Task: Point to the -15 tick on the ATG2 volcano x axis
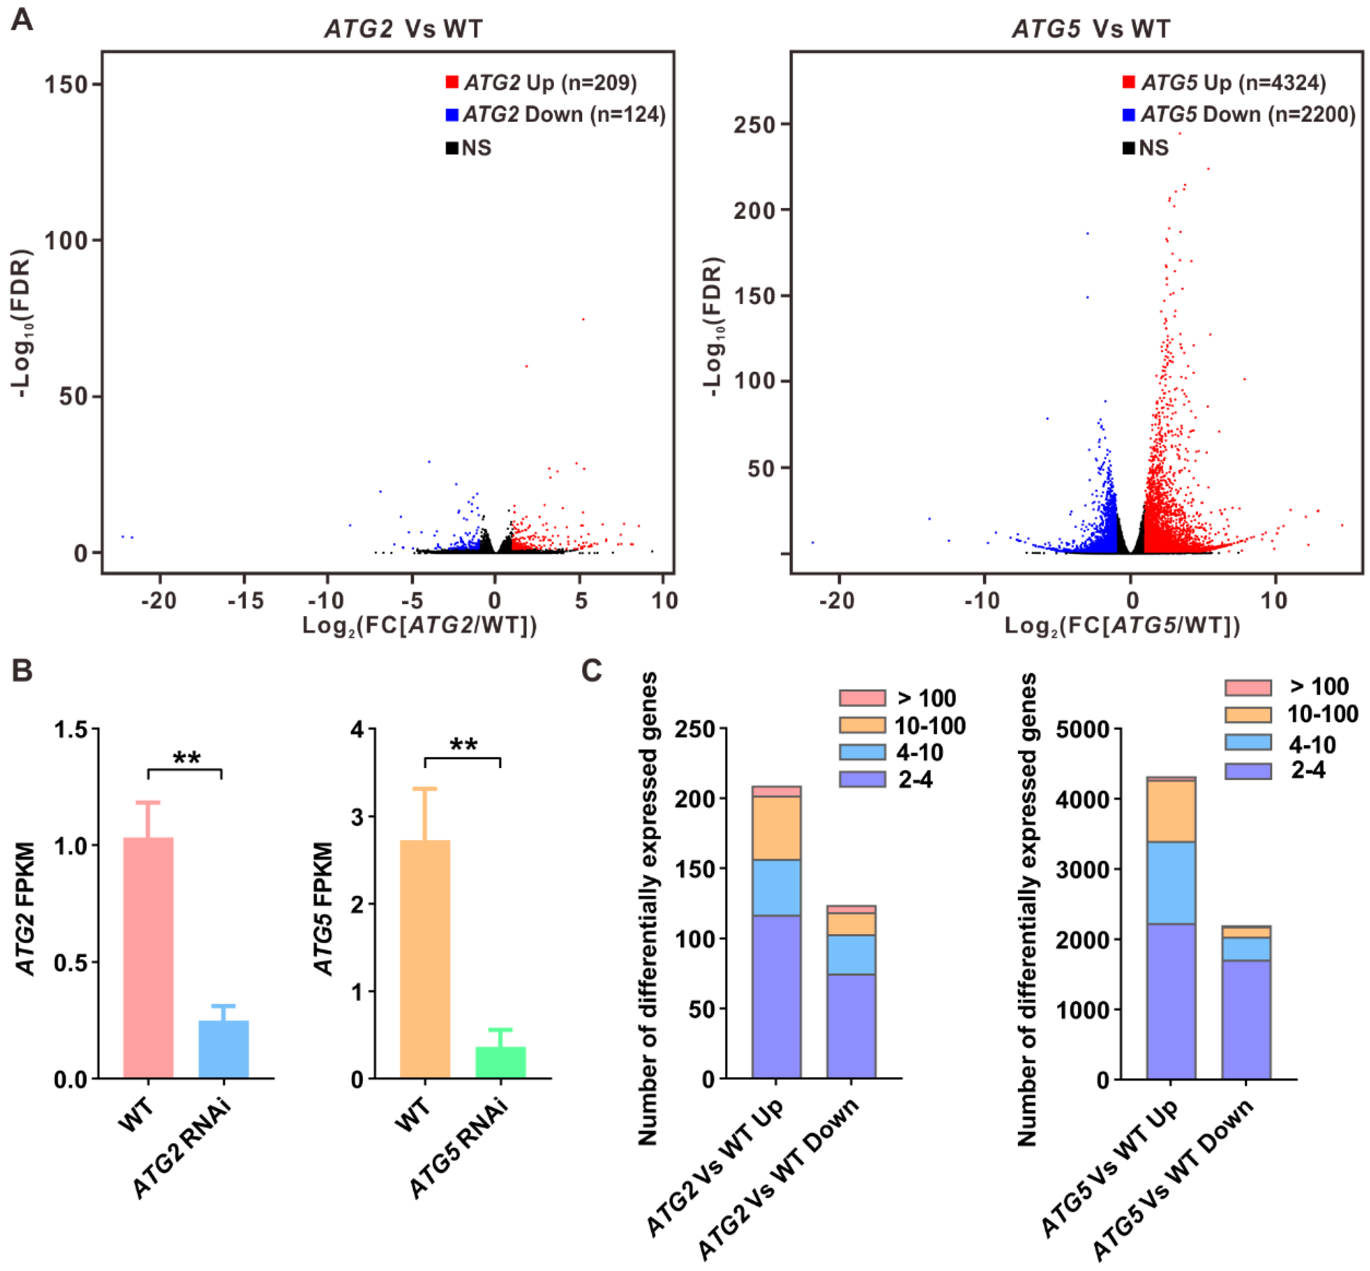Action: [246, 601]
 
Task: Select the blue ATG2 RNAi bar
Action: [224, 1049]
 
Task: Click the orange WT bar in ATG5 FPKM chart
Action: [425, 959]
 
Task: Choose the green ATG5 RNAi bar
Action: [500, 1062]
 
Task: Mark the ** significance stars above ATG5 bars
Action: [463, 744]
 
